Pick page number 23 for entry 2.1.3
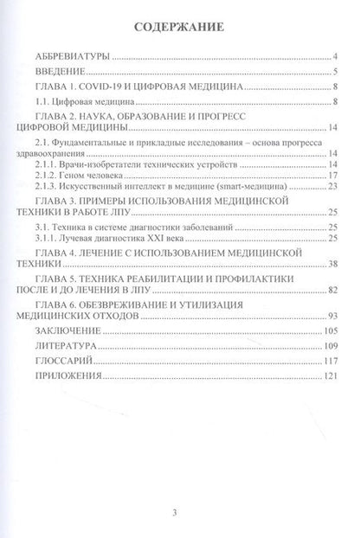[x=331, y=186]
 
